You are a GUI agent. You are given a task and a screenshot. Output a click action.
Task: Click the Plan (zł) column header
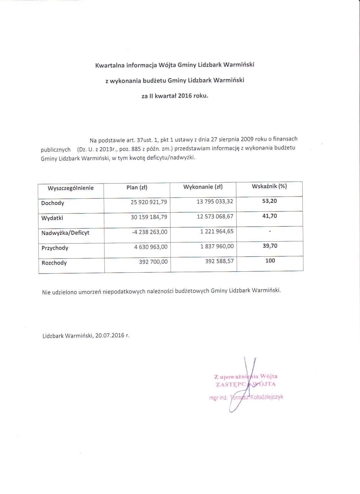(x=137, y=187)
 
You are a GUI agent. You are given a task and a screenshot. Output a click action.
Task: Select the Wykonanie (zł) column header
(x=203, y=187)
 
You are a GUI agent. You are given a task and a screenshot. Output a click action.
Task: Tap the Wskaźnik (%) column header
(x=269, y=186)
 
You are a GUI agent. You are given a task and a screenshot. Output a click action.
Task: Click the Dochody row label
(x=53, y=203)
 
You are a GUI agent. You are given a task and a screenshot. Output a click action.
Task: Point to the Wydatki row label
(x=52, y=218)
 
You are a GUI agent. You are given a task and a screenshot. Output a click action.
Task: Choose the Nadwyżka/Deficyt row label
(x=65, y=233)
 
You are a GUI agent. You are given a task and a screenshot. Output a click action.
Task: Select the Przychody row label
(x=55, y=248)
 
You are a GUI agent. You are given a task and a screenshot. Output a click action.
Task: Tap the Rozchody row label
(x=54, y=263)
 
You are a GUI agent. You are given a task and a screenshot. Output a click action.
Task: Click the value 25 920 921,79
(x=149, y=202)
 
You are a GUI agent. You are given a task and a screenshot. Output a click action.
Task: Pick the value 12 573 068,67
(x=215, y=217)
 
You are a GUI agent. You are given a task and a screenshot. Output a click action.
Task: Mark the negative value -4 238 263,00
(x=150, y=232)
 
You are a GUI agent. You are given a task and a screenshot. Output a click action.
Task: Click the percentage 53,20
(x=270, y=201)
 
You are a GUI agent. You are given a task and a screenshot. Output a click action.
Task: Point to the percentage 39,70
(x=270, y=246)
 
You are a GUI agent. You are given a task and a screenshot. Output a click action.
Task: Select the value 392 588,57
(x=219, y=261)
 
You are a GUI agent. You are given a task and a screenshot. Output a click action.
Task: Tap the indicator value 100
(x=270, y=261)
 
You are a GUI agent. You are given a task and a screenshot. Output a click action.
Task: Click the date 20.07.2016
(x=110, y=336)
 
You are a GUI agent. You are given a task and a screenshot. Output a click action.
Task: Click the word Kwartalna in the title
(x=110, y=66)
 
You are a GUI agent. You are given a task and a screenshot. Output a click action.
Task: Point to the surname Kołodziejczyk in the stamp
(x=267, y=397)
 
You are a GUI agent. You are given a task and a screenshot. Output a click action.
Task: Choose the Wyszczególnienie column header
(x=71, y=188)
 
